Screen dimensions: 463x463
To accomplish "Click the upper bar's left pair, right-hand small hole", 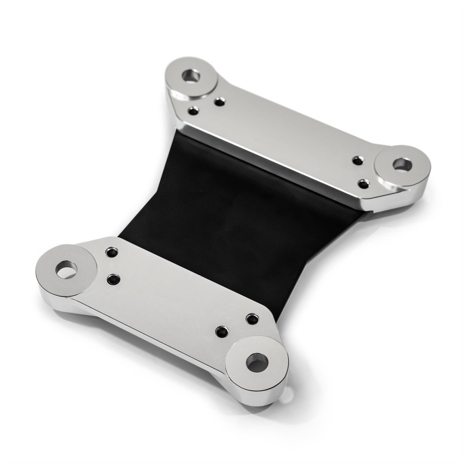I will pyautogui.click(x=219, y=102).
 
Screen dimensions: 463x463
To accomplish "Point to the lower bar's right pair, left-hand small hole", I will pyautogui.click(x=221, y=330).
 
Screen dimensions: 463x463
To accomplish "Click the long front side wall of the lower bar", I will pyautogui.click(x=154, y=336).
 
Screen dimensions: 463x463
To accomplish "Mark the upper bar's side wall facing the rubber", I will pyautogui.click(x=272, y=167).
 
